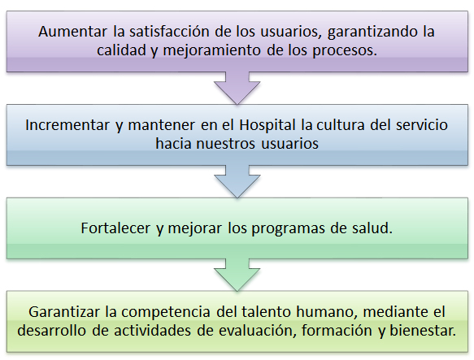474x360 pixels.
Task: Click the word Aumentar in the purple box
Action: (72, 32)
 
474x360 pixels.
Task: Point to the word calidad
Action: (121, 50)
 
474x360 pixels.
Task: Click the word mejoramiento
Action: (212, 50)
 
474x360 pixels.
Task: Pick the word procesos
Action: (345, 50)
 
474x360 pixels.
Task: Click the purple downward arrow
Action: (237, 88)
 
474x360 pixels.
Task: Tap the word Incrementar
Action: (67, 125)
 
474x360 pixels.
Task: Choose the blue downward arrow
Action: (237, 181)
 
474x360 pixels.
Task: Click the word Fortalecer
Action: (115, 228)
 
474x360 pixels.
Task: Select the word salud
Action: (372, 228)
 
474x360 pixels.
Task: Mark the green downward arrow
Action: (237, 275)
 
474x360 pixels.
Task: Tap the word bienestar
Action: (423, 331)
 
